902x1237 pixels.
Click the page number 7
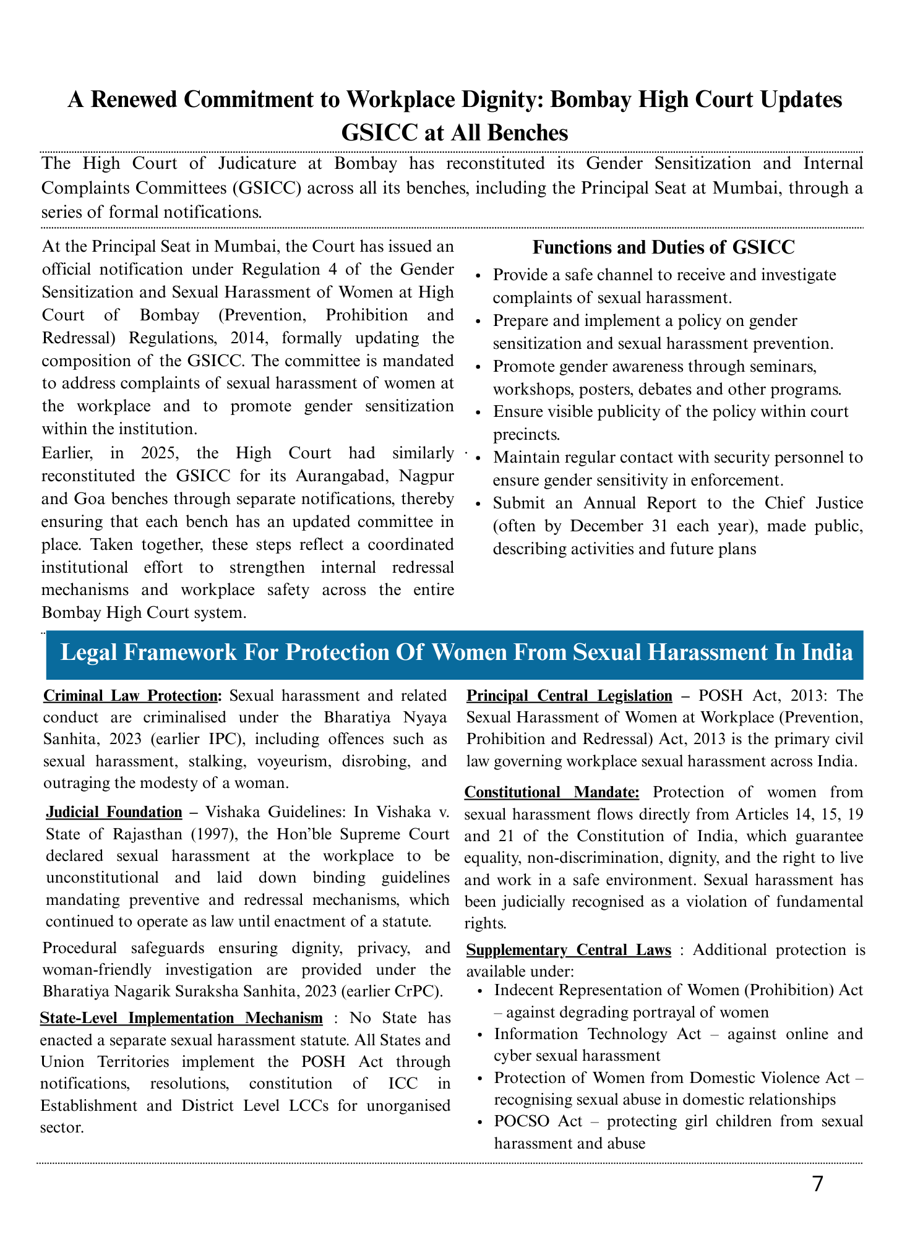pos(817,1184)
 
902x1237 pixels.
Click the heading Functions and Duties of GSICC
pos(663,247)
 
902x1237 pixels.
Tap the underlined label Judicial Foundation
pos(114,811)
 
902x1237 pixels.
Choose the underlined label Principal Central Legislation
pos(569,695)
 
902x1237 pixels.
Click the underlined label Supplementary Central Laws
pos(568,949)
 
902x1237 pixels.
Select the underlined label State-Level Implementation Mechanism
pos(181,1017)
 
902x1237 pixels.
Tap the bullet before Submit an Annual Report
pos(480,504)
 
